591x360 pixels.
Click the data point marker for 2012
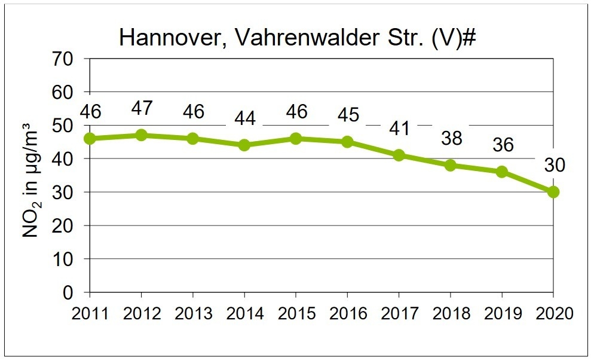[x=142, y=135]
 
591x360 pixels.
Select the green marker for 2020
[x=553, y=192]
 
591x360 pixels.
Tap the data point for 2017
[x=399, y=155]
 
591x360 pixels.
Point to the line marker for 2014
[x=244, y=145]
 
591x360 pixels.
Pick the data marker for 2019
[x=502, y=172]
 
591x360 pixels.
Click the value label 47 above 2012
[x=142, y=108]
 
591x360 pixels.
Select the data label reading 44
[x=245, y=118]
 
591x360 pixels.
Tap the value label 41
[x=400, y=129]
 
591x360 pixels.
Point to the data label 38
[x=452, y=138]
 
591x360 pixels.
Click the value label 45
[x=348, y=115]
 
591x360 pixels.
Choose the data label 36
[x=503, y=145]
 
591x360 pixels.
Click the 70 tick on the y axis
[x=63, y=59]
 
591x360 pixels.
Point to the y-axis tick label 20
[x=63, y=226]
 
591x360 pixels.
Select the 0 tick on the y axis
[x=68, y=293]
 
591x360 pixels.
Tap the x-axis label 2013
[x=194, y=313]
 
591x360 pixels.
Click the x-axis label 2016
[x=348, y=313]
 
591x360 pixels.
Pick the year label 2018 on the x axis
[x=451, y=313]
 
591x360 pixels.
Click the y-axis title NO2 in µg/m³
[x=31, y=180]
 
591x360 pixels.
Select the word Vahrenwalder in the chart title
[x=307, y=37]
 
